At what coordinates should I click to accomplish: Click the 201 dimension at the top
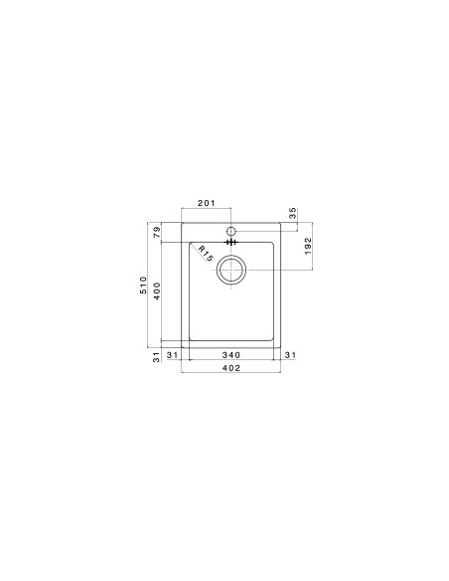pos(207,203)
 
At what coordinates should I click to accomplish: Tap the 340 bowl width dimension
pos(229,355)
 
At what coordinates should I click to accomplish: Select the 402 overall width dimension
pos(229,369)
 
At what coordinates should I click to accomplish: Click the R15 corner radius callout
pos(206,254)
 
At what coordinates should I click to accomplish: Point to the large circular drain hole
pos(230,270)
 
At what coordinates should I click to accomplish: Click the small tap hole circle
pos(230,228)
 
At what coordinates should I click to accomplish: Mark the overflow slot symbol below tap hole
pos(230,241)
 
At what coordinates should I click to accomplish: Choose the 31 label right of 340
pos(290,355)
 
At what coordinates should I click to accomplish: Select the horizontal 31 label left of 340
pos(171,355)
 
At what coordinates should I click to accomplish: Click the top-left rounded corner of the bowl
pos(185,244)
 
